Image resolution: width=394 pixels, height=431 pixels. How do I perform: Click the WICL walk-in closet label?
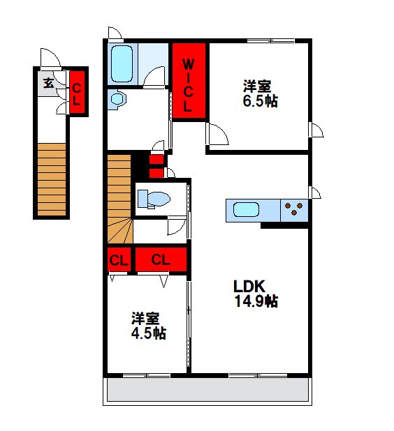coord(188,86)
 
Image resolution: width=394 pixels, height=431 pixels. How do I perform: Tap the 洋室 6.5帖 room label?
coord(260,93)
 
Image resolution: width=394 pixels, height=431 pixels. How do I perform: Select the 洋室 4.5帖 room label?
coord(148,326)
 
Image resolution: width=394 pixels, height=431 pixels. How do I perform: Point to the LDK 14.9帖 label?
coord(256,294)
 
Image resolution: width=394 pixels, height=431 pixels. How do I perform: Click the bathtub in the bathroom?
coord(122,64)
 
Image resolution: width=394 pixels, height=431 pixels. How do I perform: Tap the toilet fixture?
coord(154,199)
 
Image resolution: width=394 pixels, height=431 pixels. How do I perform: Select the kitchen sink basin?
coord(246,210)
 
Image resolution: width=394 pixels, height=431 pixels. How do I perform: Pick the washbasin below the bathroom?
coord(118,99)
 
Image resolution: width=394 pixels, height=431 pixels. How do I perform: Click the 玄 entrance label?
coord(49,83)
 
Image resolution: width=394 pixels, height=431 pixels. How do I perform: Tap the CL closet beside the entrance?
coord(77,92)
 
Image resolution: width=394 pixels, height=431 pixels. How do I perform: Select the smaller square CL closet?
coord(119,259)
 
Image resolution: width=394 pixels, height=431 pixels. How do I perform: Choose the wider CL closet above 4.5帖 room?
coord(161,259)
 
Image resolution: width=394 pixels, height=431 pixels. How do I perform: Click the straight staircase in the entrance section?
coord(52,179)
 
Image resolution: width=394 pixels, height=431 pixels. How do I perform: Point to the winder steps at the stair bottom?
coord(119,230)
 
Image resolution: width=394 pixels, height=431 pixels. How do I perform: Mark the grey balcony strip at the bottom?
coord(208,389)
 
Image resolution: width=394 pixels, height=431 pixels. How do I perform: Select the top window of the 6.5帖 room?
coord(271,41)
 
